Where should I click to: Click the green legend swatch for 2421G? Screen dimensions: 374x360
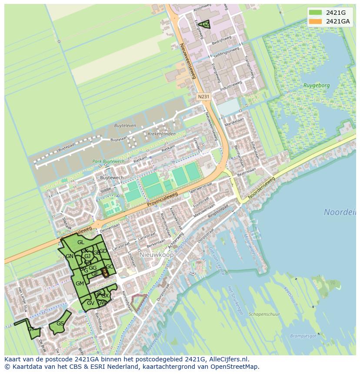pyautogui.click(x=316, y=13)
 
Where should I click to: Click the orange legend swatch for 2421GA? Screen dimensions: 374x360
pyautogui.click(x=316, y=21)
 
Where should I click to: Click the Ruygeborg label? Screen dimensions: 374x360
pyautogui.click(x=316, y=86)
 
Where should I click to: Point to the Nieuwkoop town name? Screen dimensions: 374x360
pyautogui.click(x=157, y=255)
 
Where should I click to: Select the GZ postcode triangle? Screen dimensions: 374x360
pyautogui.click(x=205, y=25)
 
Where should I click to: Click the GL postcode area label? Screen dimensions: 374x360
pyautogui.click(x=81, y=242)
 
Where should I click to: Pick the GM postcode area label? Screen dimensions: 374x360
pyautogui.click(x=80, y=283)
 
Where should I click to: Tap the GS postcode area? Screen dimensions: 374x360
pyautogui.click(x=60, y=324)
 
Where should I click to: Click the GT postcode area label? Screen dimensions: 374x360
pyautogui.click(x=31, y=329)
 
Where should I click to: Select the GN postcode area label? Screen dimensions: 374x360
pyautogui.click(x=70, y=256)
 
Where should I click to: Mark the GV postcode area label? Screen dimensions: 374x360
pyautogui.click(x=90, y=303)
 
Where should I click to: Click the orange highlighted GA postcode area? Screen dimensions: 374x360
pyautogui.click(x=105, y=273)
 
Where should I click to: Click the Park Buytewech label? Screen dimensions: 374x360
pyautogui.click(x=108, y=162)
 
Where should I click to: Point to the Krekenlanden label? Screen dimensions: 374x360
pyautogui.click(x=162, y=134)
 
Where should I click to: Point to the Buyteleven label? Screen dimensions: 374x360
pyautogui.click(x=125, y=126)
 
